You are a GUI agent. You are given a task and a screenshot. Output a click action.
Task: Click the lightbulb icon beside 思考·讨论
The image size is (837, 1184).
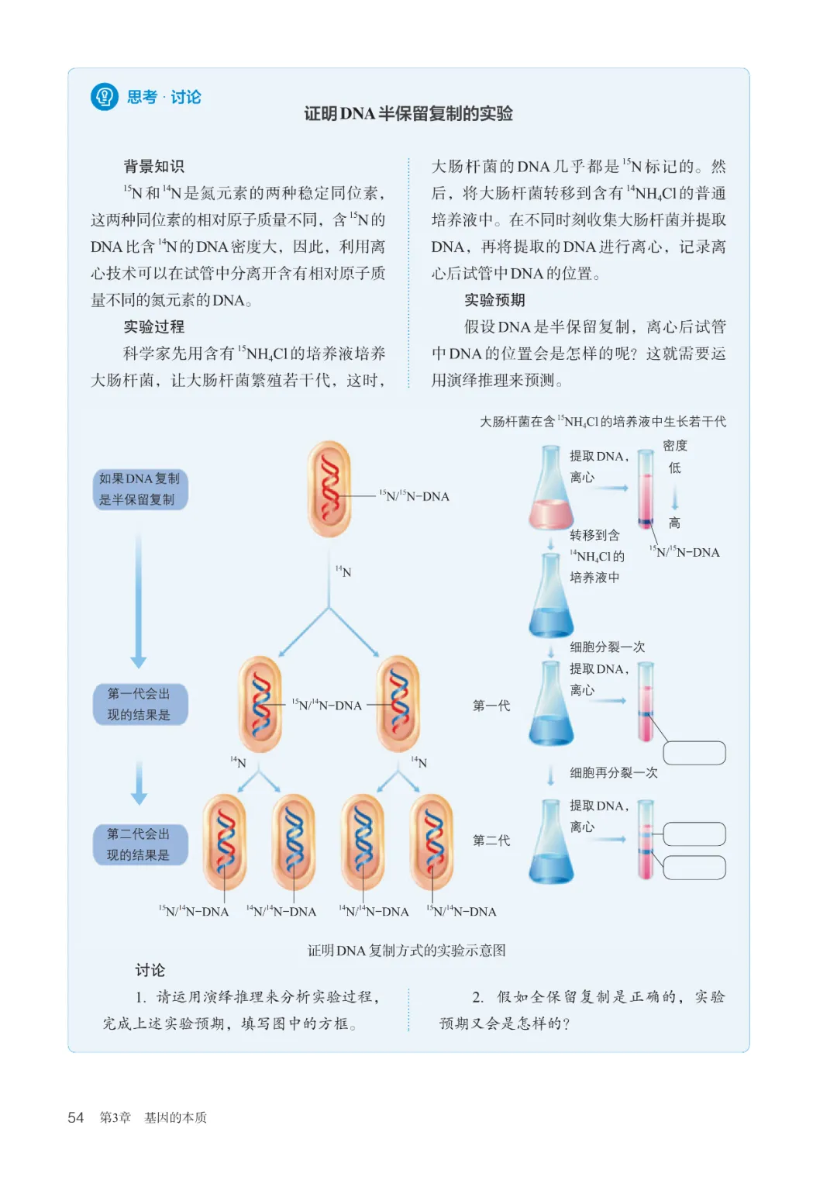point(104,97)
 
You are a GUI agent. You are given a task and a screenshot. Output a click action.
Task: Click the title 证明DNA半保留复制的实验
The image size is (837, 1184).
point(408,114)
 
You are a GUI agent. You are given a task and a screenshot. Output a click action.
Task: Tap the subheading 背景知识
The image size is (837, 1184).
point(153,167)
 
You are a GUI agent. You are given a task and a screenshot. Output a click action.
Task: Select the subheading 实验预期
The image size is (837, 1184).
point(494,300)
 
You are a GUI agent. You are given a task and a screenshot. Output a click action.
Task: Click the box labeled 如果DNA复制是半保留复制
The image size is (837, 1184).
point(140,489)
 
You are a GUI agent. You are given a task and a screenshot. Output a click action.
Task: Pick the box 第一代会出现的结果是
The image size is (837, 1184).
point(140,704)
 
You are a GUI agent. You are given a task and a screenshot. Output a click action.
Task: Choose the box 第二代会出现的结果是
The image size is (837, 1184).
point(140,844)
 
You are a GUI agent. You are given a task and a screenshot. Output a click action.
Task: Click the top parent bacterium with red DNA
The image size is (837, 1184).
point(329,489)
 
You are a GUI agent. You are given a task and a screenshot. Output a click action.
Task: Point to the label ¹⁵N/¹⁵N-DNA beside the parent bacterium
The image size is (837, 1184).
point(415,496)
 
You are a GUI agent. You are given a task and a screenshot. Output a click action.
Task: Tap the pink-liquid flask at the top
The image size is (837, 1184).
point(551,487)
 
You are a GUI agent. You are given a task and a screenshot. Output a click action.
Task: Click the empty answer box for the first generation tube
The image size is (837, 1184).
point(694,753)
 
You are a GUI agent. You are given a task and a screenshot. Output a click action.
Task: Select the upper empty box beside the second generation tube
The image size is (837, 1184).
point(694,834)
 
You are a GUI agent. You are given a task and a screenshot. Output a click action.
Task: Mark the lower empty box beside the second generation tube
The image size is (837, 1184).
point(694,868)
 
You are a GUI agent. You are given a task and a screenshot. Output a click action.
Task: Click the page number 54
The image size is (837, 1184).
point(76,1117)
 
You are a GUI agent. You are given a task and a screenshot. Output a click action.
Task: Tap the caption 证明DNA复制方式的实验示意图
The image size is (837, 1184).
point(406,951)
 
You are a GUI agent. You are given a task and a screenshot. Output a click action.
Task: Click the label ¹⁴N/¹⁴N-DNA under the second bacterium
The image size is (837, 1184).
point(281,911)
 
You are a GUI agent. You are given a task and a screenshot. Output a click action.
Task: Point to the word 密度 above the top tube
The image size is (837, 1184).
point(675,446)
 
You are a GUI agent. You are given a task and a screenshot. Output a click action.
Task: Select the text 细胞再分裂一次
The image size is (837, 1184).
point(614,773)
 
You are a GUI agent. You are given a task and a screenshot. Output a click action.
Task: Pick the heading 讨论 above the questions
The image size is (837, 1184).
point(150,970)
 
